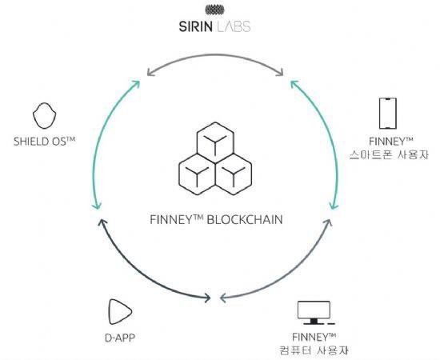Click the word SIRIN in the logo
(196, 26)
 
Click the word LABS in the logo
(234, 26)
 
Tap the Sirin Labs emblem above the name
(214, 10)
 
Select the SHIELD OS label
(44, 141)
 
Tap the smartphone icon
(388, 113)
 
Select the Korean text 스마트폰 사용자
(389, 154)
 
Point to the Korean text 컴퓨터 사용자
(314, 350)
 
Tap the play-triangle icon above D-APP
(120, 312)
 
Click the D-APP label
(120, 338)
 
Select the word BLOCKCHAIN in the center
(245, 219)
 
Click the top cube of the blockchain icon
(215, 142)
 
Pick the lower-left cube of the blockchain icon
(197, 174)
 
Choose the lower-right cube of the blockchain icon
(234, 174)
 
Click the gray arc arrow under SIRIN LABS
(215, 54)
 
